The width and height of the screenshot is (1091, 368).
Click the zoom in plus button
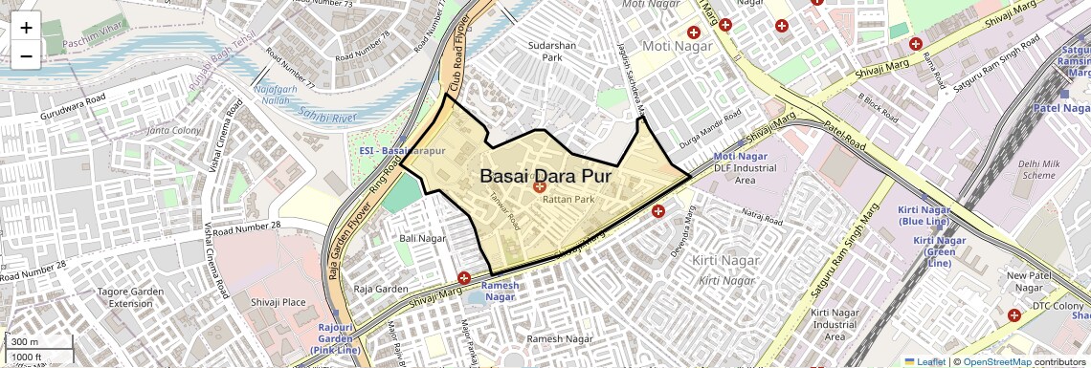tap(26, 28)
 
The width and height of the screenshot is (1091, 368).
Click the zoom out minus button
tap(26, 55)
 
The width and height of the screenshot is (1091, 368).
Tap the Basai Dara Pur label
tap(545, 177)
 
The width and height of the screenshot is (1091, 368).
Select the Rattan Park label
tap(568, 201)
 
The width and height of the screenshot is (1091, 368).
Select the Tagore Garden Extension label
tap(130, 297)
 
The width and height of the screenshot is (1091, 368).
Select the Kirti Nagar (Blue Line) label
tap(923, 215)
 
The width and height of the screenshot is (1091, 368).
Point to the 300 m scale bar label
tap(26, 342)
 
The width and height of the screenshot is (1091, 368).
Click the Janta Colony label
tap(173, 130)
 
